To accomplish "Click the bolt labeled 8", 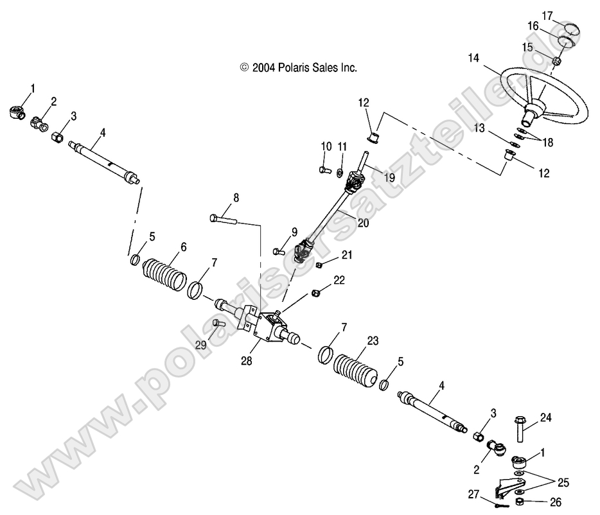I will click(x=225, y=220).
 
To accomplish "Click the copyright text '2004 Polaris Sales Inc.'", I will click(x=298, y=67).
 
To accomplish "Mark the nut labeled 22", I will click(x=316, y=293).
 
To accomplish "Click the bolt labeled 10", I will click(x=323, y=170).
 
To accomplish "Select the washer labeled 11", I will click(x=340, y=172).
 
